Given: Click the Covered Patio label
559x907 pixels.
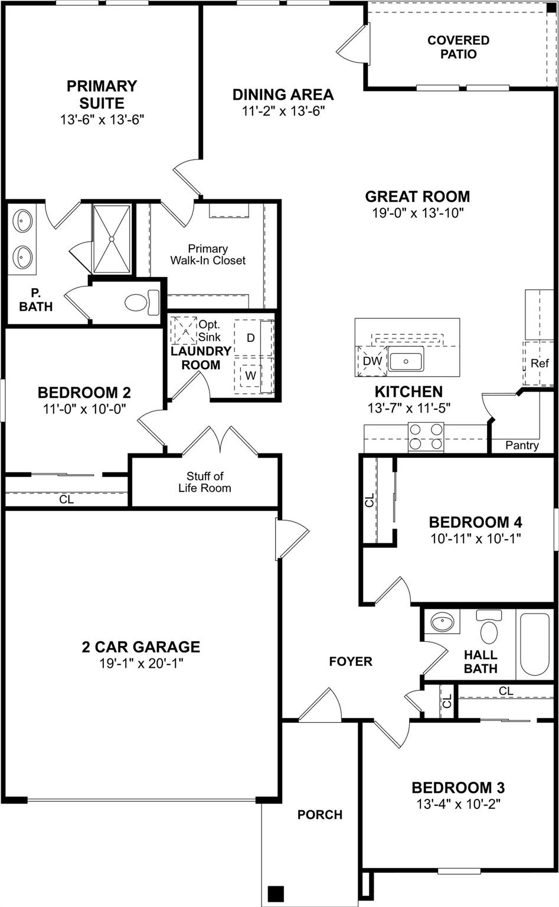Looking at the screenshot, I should pos(458,47).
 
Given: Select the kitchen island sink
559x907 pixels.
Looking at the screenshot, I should pos(406,360).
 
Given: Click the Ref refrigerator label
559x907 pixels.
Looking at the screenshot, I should pos(540,363).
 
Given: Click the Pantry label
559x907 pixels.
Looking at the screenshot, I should pos(522,446).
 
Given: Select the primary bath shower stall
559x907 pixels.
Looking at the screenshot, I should pos(112,239).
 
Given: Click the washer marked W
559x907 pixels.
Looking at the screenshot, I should pos(251,375).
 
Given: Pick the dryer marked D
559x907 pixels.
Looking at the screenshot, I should pos(251,338).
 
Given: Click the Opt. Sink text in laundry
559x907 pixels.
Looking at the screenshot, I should pos(209,331).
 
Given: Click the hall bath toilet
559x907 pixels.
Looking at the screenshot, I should pos(489,628).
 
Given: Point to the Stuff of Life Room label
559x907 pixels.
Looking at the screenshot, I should pos(205,482).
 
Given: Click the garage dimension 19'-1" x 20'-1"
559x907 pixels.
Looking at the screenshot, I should pos(141,663).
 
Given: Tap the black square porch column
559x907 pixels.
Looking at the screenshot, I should pos(275,892).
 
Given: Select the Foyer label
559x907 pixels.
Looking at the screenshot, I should pos(351,661).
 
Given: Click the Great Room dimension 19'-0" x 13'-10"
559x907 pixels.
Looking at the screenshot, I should pos(417,213).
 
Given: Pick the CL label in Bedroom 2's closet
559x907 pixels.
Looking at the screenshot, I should pos(67,500).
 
